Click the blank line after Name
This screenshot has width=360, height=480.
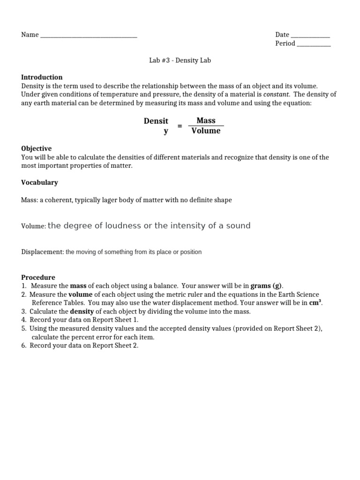[89, 36]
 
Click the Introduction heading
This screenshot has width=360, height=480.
[42, 77]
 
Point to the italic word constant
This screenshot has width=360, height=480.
[276, 95]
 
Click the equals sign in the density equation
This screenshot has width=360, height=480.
[180, 126]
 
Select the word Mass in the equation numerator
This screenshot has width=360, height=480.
[206, 120]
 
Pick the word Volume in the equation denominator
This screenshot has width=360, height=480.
[206, 131]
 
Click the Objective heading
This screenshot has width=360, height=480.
[36, 149]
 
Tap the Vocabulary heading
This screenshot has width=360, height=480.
[39, 182]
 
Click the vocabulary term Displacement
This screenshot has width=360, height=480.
[42, 252]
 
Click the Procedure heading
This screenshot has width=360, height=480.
[38, 277]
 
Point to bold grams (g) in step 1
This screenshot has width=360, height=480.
[267, 286]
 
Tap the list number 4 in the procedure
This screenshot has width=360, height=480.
[23, 320]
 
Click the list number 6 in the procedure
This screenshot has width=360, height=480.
[23, 345]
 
